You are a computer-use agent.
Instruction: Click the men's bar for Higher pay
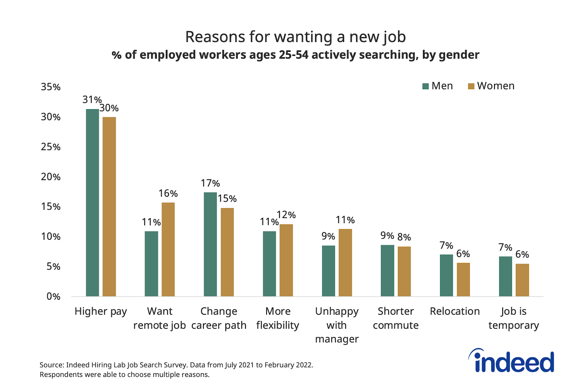coord(92,203)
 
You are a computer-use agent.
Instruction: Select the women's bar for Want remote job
coord(168,250)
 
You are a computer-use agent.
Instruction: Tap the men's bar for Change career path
coord(210,244)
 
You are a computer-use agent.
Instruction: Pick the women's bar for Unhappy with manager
coord(345,263)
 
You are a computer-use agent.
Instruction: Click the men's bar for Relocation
coord(446,275)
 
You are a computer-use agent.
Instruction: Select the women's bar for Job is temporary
coord(522,280)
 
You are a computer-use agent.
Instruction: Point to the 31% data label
coord(92,99)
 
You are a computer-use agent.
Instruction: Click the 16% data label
coord(168,194)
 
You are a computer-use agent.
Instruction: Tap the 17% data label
coord(210,183)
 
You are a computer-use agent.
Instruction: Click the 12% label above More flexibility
coord(286,215)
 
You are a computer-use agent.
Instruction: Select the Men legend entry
coord(437,86)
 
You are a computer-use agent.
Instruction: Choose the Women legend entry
coord(491,86)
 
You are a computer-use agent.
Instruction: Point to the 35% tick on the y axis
coord(50,87)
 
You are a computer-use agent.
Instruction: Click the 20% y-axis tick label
coord(50,177)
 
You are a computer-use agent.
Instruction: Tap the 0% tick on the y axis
coord(53,297)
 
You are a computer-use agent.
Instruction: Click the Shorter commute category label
coord(396,318)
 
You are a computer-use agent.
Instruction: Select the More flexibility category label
coord(278,318)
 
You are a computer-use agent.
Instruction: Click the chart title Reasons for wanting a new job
coord(295,37)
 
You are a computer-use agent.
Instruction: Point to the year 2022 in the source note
coord(304,365)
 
